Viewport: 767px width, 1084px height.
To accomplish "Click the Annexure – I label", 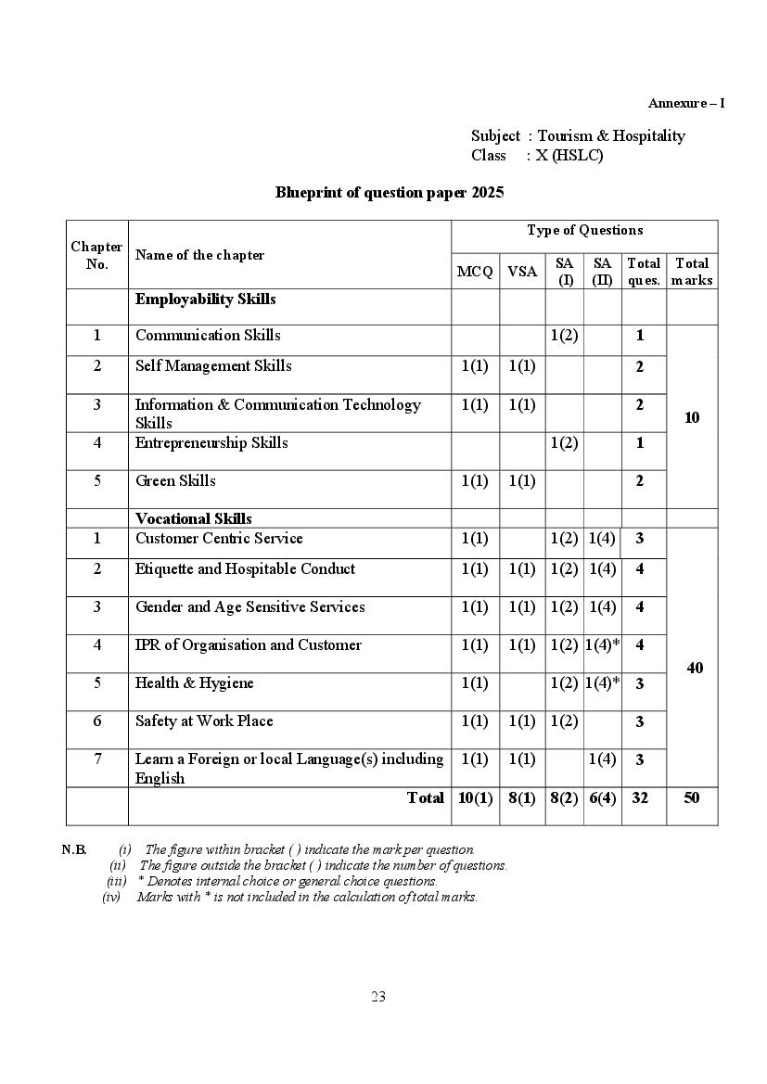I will pos(685,103).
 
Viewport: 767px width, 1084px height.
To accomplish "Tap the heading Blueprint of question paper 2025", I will pos(390,193).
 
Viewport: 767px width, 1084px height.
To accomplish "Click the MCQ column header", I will pos(475,272).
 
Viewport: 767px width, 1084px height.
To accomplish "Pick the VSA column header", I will pos(522,272).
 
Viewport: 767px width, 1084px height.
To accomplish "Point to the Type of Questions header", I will pos(584,230).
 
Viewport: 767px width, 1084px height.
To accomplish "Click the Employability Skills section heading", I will pos(205,300).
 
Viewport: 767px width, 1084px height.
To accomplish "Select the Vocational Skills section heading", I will pos(193,518).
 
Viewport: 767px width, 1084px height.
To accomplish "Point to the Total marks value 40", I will pos(695,668).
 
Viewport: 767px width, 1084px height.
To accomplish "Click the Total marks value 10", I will pos(692,417).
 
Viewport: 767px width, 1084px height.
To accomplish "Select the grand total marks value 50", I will pos(692,797).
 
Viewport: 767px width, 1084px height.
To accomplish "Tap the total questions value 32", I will pos(640,797).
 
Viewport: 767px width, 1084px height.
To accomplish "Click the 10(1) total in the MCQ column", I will pos(475,797).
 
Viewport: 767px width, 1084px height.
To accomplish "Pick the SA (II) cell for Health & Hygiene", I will pos(602,683).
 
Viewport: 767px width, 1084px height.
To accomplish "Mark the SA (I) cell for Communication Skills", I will pos(564,336).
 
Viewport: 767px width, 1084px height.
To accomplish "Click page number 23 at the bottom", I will pos(378,997).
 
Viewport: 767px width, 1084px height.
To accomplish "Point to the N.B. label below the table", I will pos(74,849).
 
